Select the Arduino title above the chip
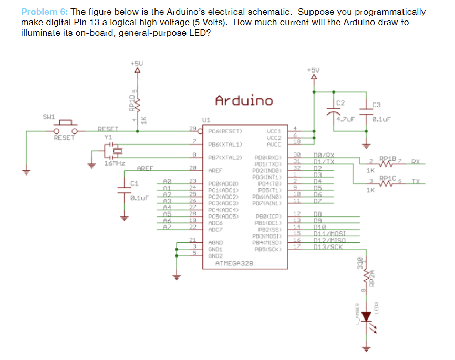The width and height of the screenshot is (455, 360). (244, 100)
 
